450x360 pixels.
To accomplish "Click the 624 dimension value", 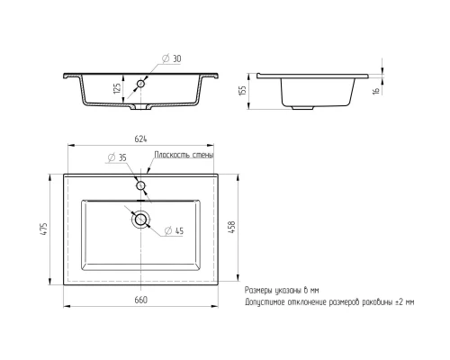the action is pos(140,139).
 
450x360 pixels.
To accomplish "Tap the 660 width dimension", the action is pos(140,300).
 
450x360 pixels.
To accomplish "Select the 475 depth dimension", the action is pos(44,229).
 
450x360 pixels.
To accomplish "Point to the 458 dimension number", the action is pos(232,227).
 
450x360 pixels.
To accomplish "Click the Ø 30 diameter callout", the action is pos(171,58).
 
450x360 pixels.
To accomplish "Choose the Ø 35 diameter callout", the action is pos(117,157).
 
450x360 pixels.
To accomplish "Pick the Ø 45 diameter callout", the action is pos(174,230).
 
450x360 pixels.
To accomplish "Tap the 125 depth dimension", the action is pos(118,88).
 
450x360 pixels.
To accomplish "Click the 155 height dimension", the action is pos(243,90).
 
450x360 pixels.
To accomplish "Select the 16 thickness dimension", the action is pos(376,90).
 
